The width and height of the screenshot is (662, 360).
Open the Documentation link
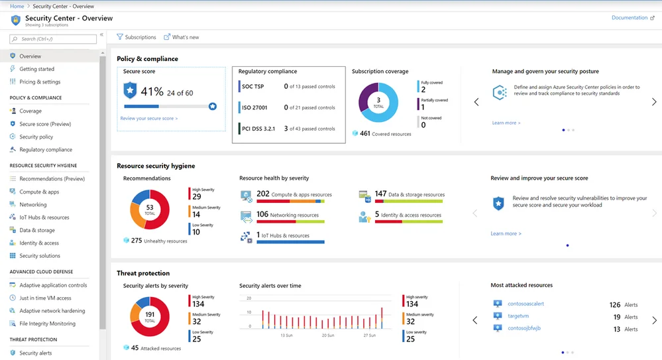[629, 18]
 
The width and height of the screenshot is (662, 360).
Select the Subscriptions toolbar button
[137, 37]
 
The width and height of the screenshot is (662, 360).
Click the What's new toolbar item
[182, 37]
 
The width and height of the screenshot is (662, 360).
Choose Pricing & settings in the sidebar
[40, 82]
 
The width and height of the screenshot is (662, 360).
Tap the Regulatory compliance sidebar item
[46, 150]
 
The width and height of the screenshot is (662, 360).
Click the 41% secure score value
[152, 92]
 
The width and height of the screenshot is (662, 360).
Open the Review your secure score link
[148, 119]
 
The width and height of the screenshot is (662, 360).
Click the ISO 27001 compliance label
[255, 107]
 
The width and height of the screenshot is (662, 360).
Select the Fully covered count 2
[423, 90]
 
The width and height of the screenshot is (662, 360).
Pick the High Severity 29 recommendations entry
[196, 196]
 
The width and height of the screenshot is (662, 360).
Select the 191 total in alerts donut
[150, 316]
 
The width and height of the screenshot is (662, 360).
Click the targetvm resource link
[518, 316]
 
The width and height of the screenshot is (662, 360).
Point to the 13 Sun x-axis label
[286, 335]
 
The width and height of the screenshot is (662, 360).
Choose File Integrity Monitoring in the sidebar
[47, 324]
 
